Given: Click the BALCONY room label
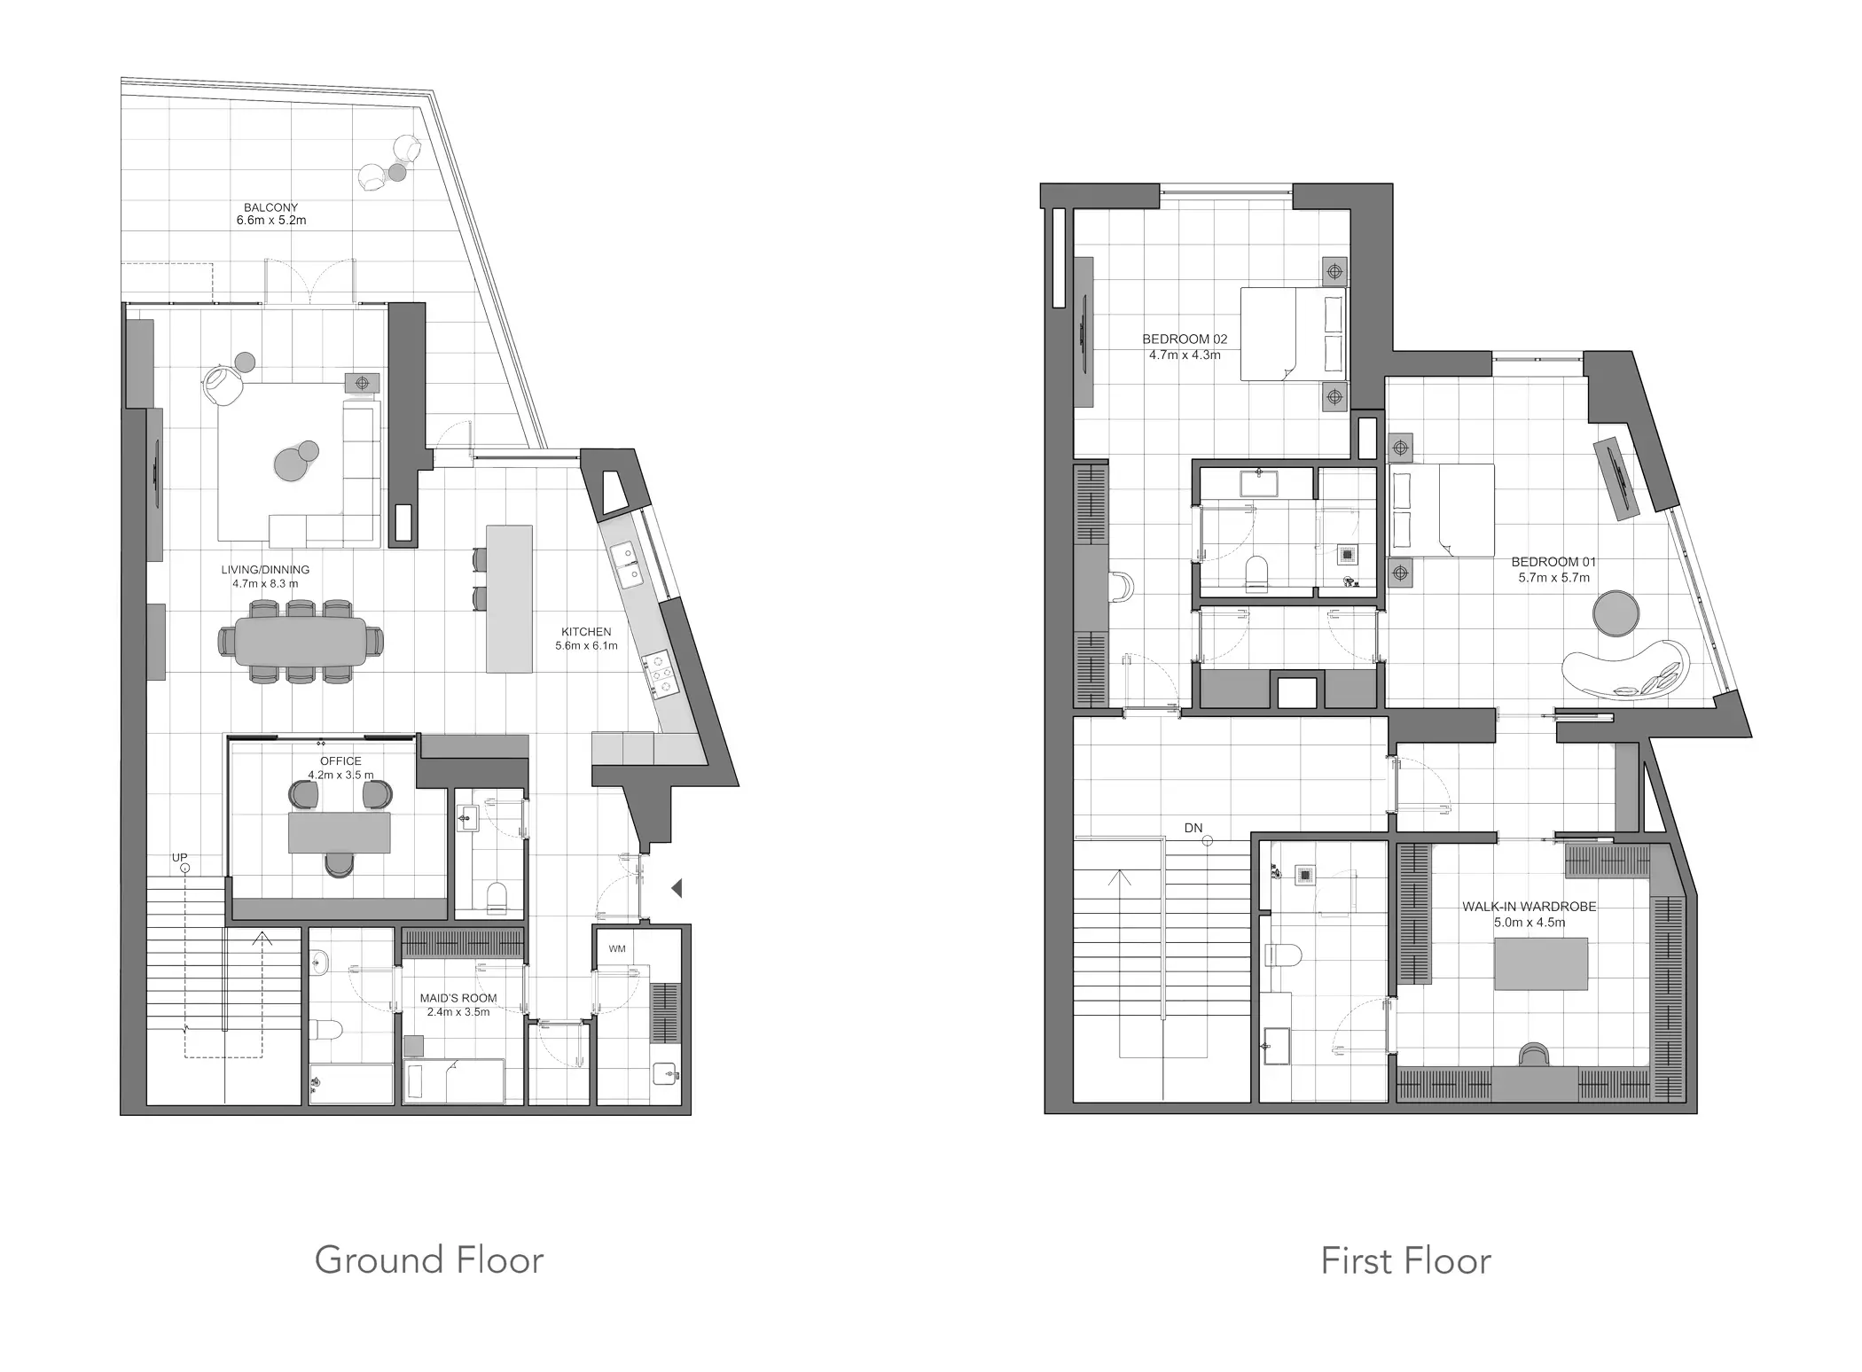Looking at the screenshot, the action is pyautogui.click(x=271, y=207).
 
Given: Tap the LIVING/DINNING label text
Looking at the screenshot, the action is pyautogui.click(x=265, y=570).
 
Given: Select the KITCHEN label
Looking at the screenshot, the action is pyautogui.click(x=586, y=632).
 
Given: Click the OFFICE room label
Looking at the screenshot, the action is pyautogui.click(x=340, y=761).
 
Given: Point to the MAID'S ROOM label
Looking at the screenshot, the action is pyautogui.click(x=458, y=998).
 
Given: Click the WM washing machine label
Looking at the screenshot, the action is pyautogui.click(x=617, y=949).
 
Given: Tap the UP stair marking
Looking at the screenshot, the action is pyautogui.click(x=180, y=858).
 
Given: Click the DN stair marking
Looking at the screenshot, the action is pyautogui.click(x=1193, y=829).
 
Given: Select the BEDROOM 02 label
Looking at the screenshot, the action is pyautogui.click(x=1185, y=339).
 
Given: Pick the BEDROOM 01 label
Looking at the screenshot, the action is pyautogui.click(x=1554, y=562).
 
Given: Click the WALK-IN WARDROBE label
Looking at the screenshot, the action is pyautogui.click(x=1529, y=907).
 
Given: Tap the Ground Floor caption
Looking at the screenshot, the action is pyautogui.click(x=429, y=1260).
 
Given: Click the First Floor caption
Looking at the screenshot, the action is pyautogui.click(x=1406, y=1261).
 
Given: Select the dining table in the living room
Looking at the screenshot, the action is pyautogui.click(x=301, y=641).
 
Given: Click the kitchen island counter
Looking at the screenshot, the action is pyautogui.click(x=509, y=599).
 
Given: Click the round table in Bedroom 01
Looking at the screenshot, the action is pyautogui.click(x=1616, y=612).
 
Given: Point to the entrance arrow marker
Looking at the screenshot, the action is pyautogui.click(x=676, y=887).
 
